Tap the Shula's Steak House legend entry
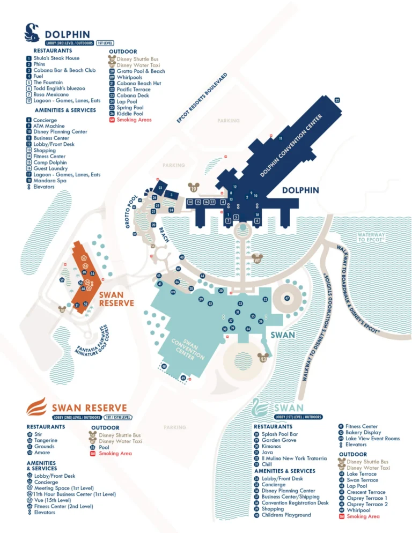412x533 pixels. coord(56,58)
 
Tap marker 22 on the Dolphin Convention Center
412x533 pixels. coord(337,100)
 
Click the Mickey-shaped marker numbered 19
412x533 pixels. coord(194,188)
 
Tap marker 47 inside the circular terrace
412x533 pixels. coord(287,298)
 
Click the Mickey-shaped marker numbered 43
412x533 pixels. coord(263,359)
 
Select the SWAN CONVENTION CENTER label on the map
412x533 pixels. coord(187,349)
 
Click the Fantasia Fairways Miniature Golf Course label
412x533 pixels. coord(93,341)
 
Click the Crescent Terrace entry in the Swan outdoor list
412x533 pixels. coord(366,492)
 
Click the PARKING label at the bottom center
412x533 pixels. coord(175,427)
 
